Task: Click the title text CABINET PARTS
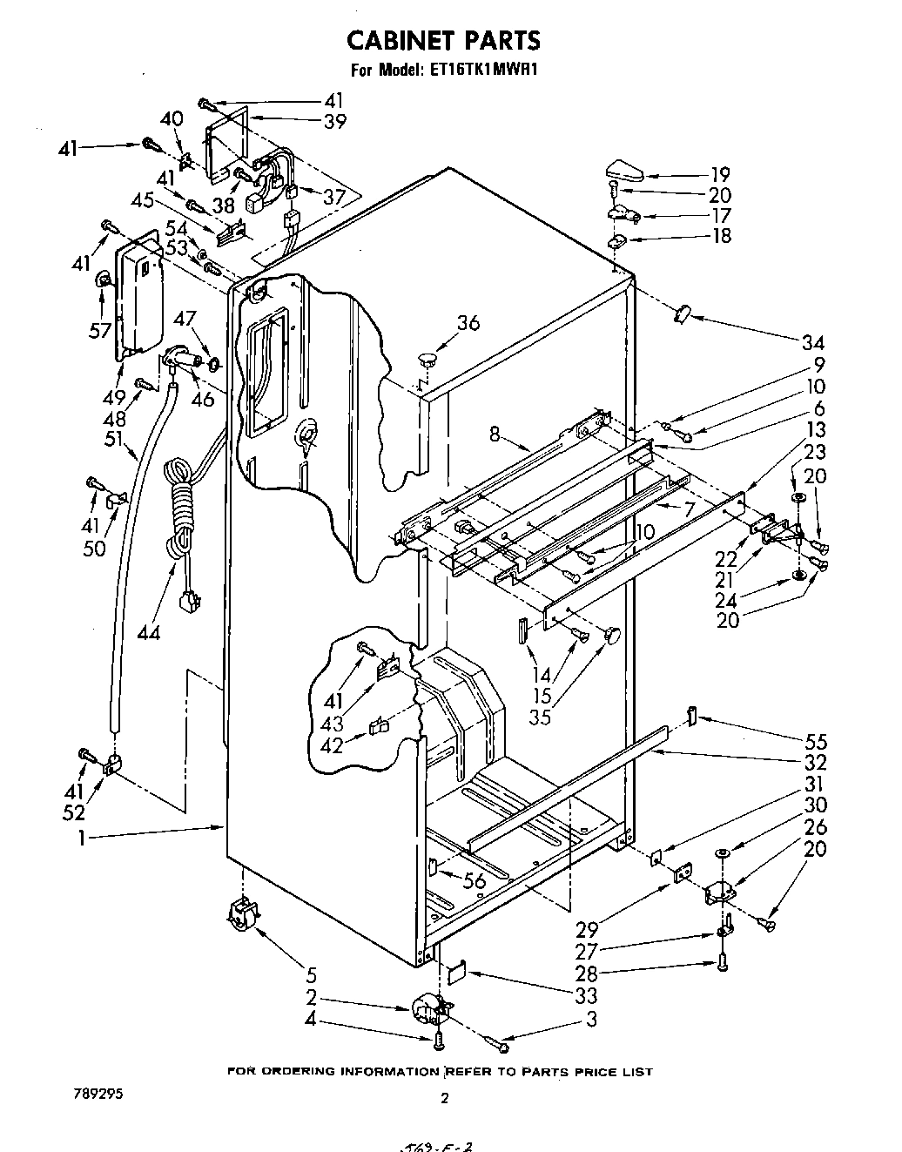[x=444, y=40]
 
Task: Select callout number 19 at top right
[x=719, y=175]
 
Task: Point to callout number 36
[x=468, y=323]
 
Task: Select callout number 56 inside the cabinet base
[x=475, y=881]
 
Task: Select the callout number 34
[x=813, y=343]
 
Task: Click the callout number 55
[x=816, y=742]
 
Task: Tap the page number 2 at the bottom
[x=444, y=1098]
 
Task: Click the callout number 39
[x=333, y=123]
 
